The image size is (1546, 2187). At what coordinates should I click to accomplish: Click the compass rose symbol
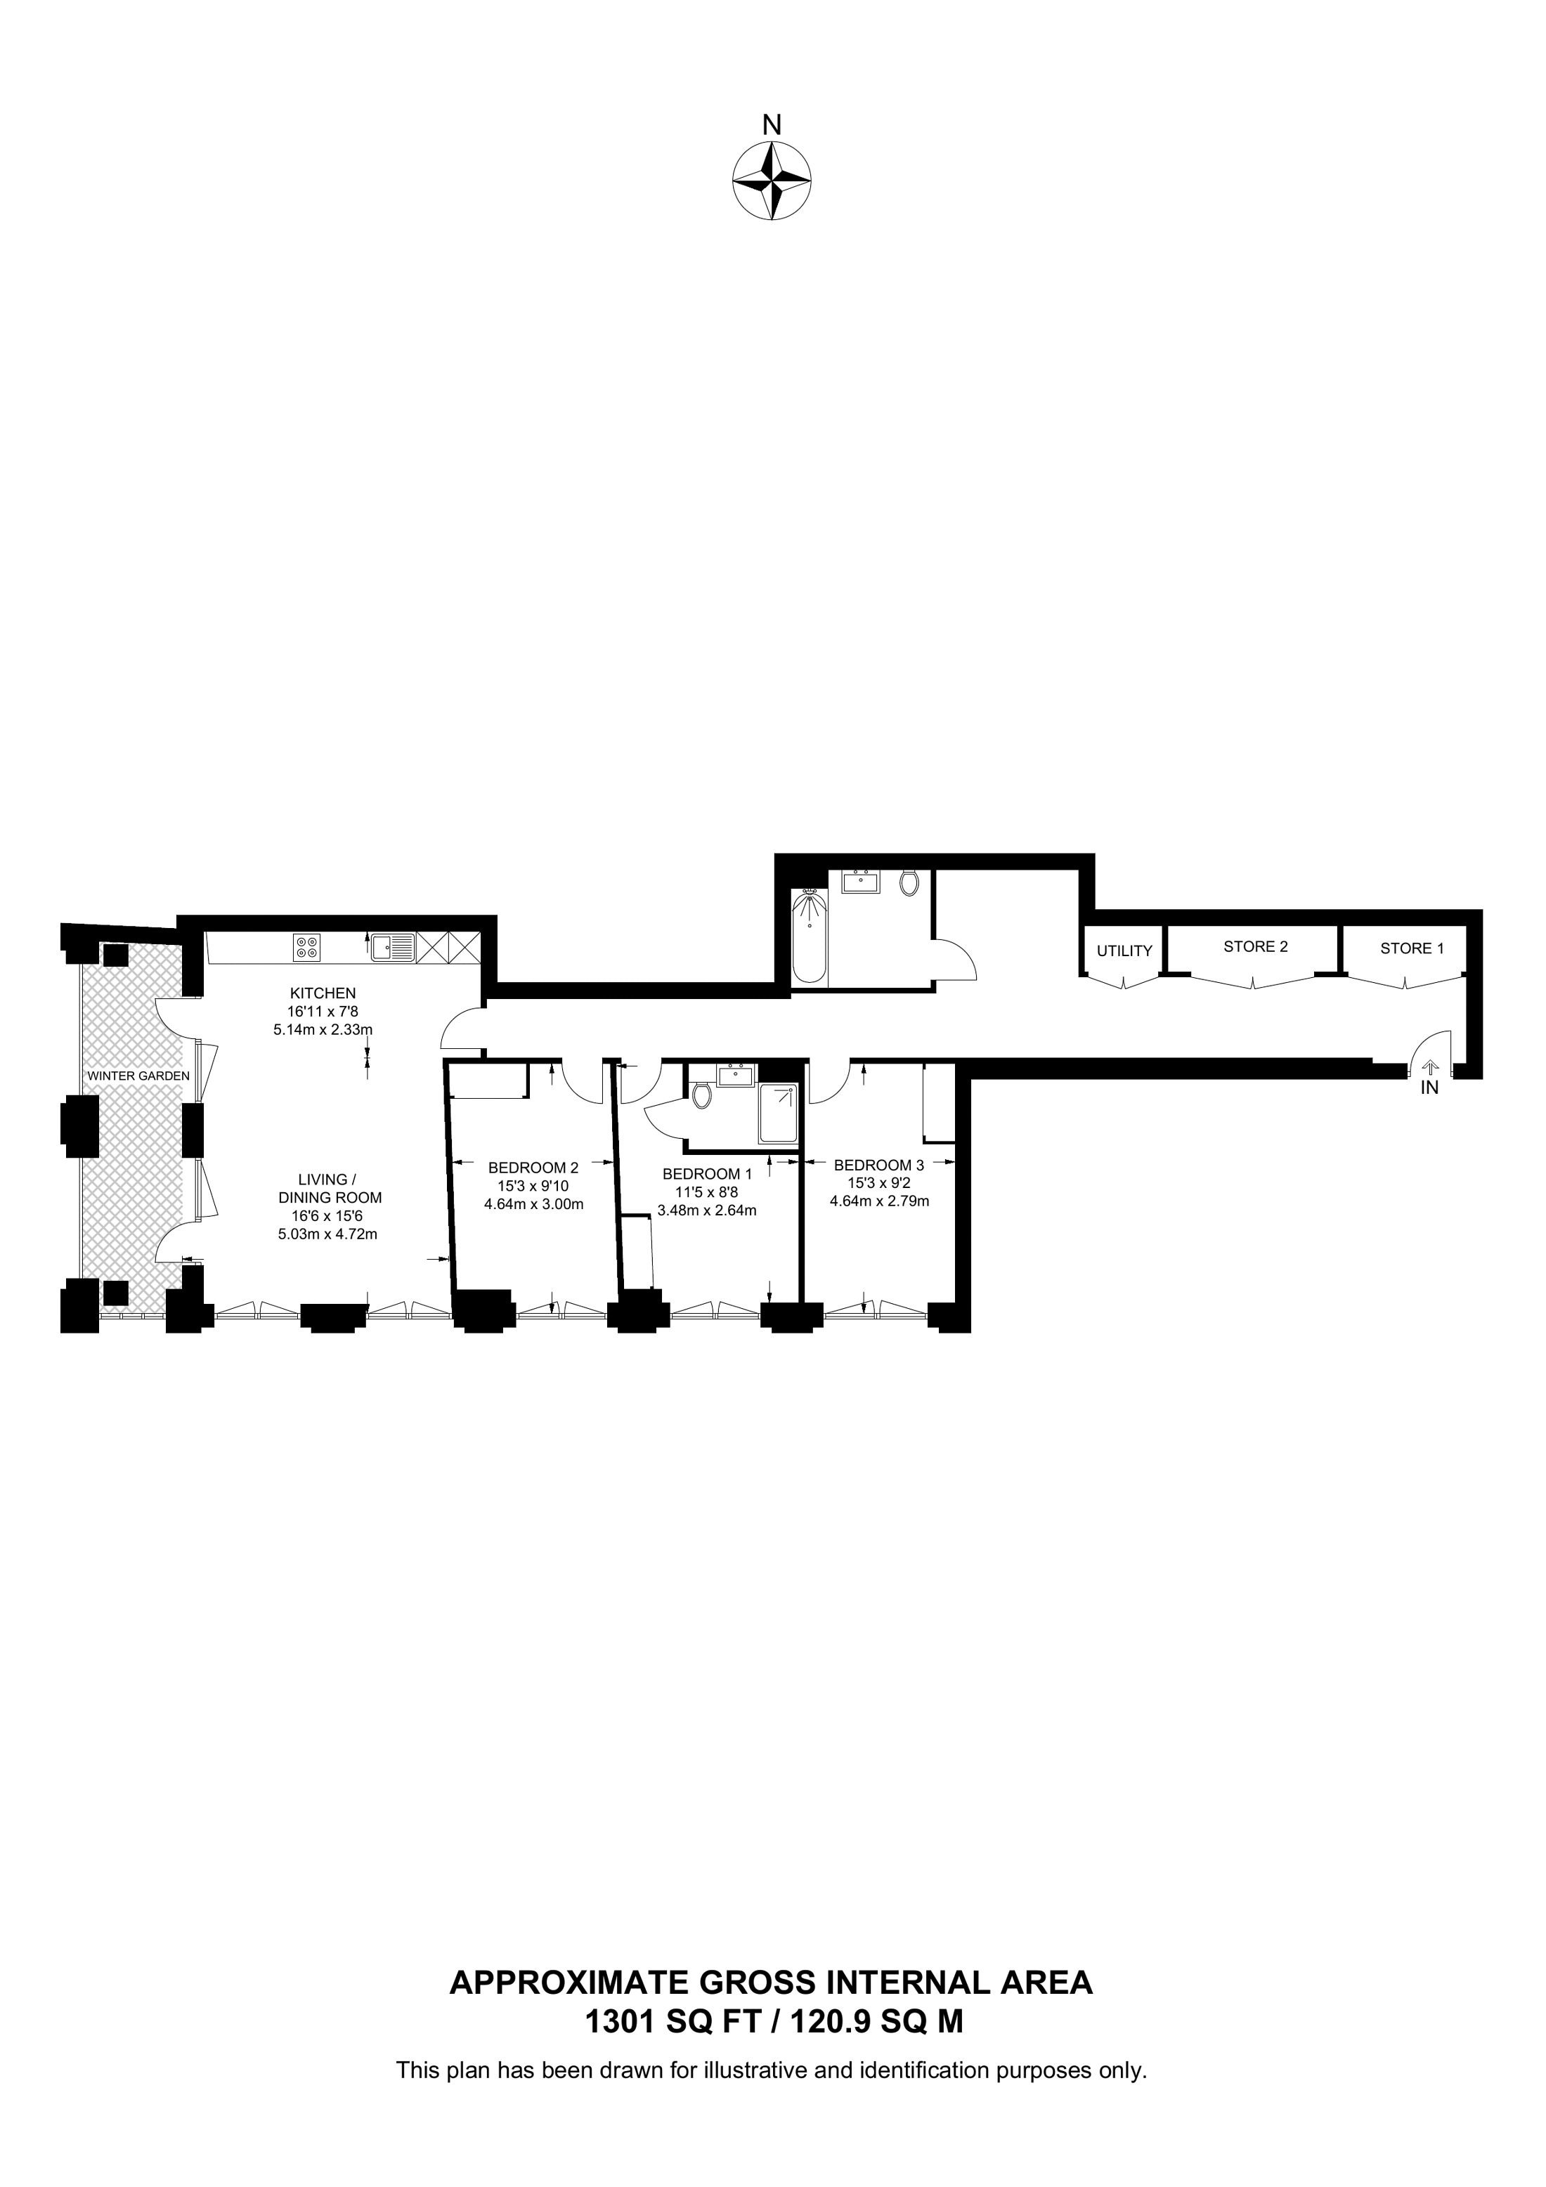[772, 181]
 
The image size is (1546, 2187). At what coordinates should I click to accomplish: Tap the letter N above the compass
[772, 125]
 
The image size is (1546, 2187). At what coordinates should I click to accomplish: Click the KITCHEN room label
[323, 993]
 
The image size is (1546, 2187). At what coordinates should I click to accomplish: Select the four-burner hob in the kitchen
[306, 947]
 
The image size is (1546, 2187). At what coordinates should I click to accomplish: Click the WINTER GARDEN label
[138, 1076]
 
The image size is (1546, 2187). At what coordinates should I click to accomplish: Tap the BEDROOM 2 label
[533, 1168]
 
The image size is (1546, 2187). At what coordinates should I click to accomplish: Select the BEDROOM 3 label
[879, 1165]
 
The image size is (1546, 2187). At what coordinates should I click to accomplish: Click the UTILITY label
[1125, 951]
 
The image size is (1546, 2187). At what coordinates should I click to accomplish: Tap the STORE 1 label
[1412, 948]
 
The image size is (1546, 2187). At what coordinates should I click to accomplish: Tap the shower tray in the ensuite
[778, 1114]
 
